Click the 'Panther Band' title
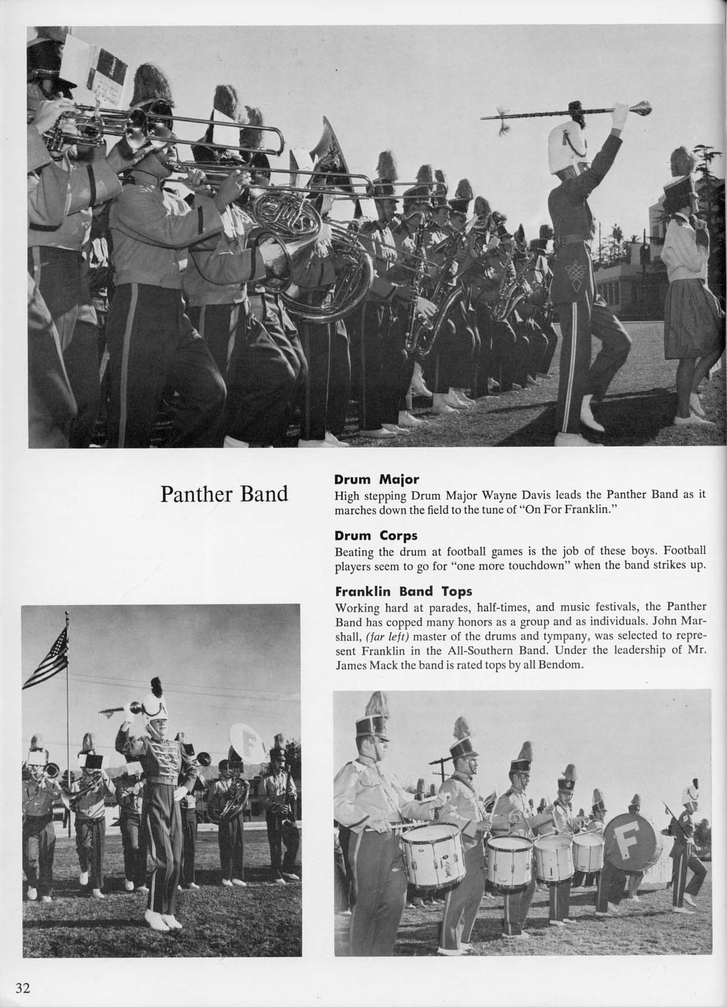pyautogui.click(x=224, y=493)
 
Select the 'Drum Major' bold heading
pyautogui.click(x=376, y=479)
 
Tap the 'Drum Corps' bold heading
pyautogui.click(x=376, y=535)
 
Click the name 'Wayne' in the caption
pyautogui.click(x=485, y=495)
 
